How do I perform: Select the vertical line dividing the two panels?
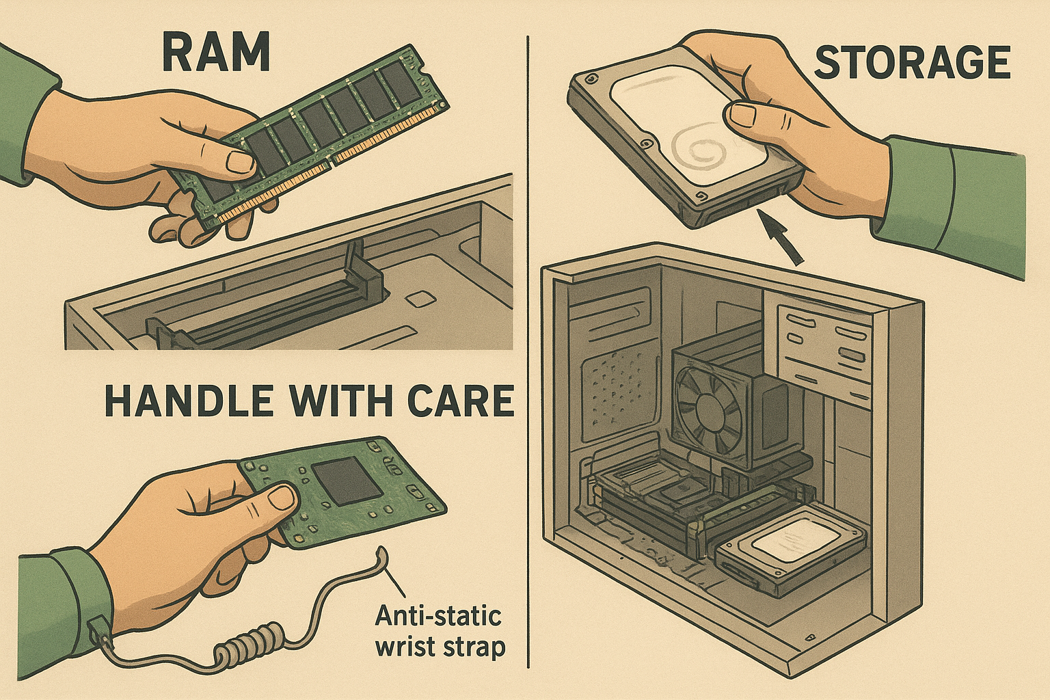tap(528, 351)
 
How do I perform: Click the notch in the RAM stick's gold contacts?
tap(333, 162)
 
